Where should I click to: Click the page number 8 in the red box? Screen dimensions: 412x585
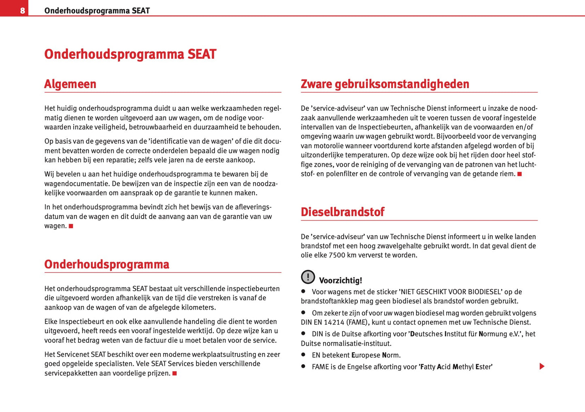[22, 11]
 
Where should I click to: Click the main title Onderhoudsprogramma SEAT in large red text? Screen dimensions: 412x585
[130, 54]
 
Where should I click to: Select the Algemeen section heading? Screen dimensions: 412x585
[70, 84]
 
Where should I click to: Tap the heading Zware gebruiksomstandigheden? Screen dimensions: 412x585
[385, 84]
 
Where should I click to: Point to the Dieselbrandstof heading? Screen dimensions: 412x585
[342, 212]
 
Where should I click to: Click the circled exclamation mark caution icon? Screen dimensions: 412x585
[308, 277]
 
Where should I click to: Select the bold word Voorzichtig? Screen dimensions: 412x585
[340, 280]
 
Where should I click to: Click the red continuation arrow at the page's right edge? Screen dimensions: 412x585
[542, 366]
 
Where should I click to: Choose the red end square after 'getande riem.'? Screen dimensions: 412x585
[519, 174]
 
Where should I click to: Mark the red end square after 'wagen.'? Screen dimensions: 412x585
[71, 226]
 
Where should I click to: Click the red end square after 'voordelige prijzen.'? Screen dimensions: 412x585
[174, 373]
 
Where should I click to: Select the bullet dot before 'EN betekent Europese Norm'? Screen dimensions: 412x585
[303, 355]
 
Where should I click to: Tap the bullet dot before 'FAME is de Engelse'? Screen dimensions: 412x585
[303, 366]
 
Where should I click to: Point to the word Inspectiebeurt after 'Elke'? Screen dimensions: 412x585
[82, 322]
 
